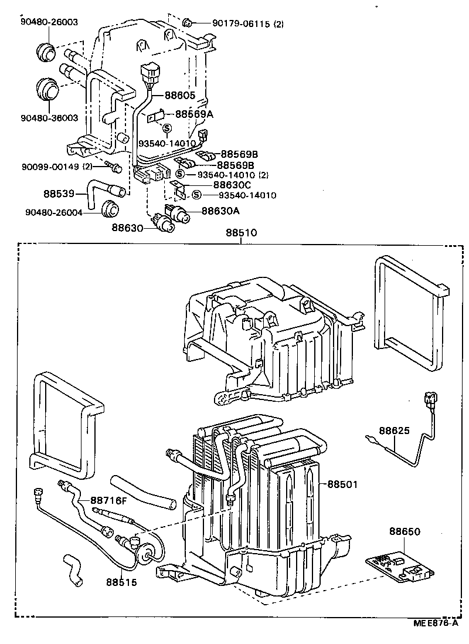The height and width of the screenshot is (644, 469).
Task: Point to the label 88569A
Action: (x=194, y=115)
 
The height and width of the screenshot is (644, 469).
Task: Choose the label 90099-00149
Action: (x=53, y=167)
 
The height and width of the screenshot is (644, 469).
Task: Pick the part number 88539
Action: (x=58, y=192)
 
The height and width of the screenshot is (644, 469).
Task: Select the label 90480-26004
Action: (x=52, y=212)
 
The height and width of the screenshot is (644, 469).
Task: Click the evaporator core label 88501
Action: (x=342, y=484)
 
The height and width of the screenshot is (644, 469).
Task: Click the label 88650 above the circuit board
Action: (x=404, y=531)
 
